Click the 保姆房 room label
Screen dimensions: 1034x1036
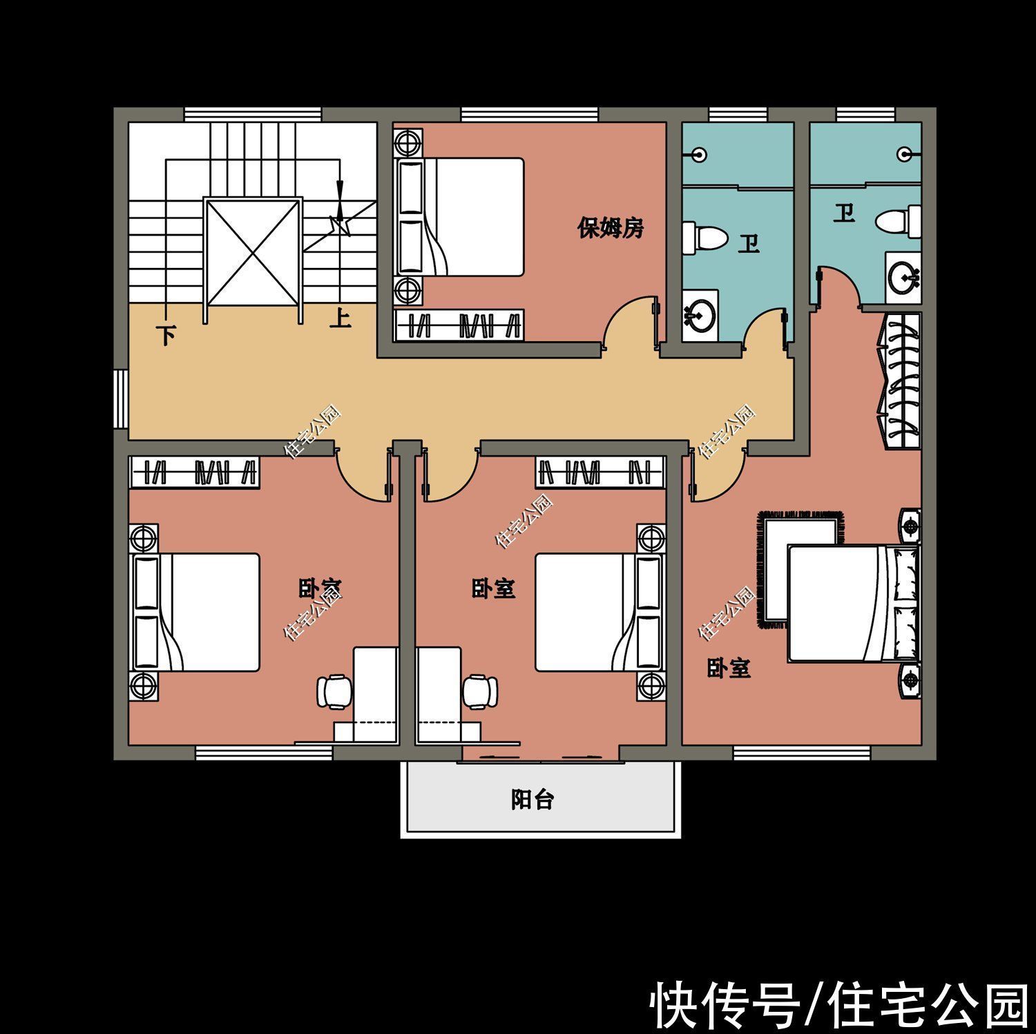(x=611, y=227)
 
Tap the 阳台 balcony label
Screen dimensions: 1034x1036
(x=533, y=799)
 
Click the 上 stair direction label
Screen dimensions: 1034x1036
(x=340, y=318)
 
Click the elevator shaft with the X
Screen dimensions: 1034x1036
(x=252, y=252)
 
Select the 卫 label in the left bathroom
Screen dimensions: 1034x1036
(x=748, y=244)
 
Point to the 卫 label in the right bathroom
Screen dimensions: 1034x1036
(x=843, y=213)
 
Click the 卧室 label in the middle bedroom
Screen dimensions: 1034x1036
(x=493, y=588)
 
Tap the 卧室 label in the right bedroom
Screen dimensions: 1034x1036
(x=729, y=668)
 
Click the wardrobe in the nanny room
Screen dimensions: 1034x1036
(x=459, y=325)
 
